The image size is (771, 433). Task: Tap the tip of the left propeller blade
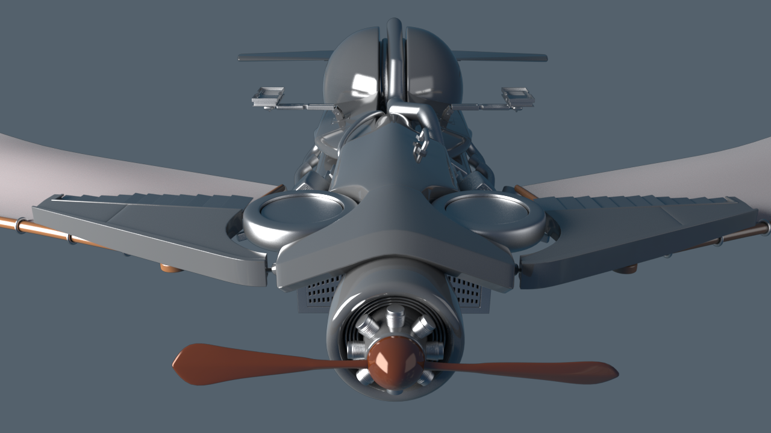(178, 362)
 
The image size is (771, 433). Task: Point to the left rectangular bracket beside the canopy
(268, 96)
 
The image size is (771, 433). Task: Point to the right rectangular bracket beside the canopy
(517, 96)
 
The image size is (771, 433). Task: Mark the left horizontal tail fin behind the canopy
(283, 57)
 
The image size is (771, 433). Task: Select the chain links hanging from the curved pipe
(420, 147)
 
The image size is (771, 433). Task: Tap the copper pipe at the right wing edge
(747, 235)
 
